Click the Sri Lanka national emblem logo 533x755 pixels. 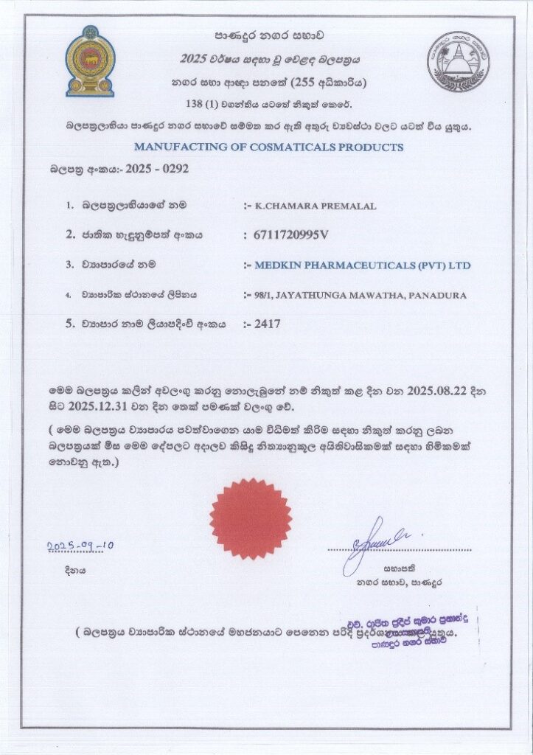point(89,61)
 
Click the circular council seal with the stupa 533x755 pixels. point(458,60)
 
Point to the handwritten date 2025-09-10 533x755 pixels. point(80,546)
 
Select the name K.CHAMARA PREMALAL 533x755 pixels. point(315,206)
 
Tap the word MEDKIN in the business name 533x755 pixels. point(276,265)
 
